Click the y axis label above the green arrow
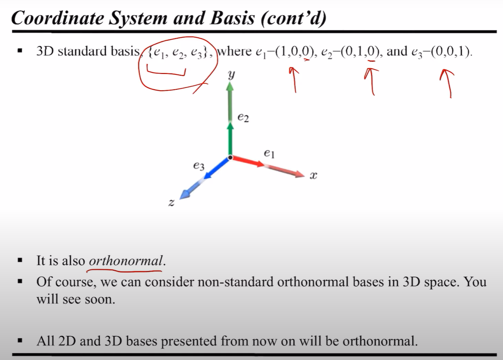pos(231,76)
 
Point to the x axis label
pos(313,175)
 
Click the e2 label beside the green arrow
pos(243,117)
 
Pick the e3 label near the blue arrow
pos(199,166)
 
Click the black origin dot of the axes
pos(230,158)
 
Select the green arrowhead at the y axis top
pos(230,86)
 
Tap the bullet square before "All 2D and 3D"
pos(19,342)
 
